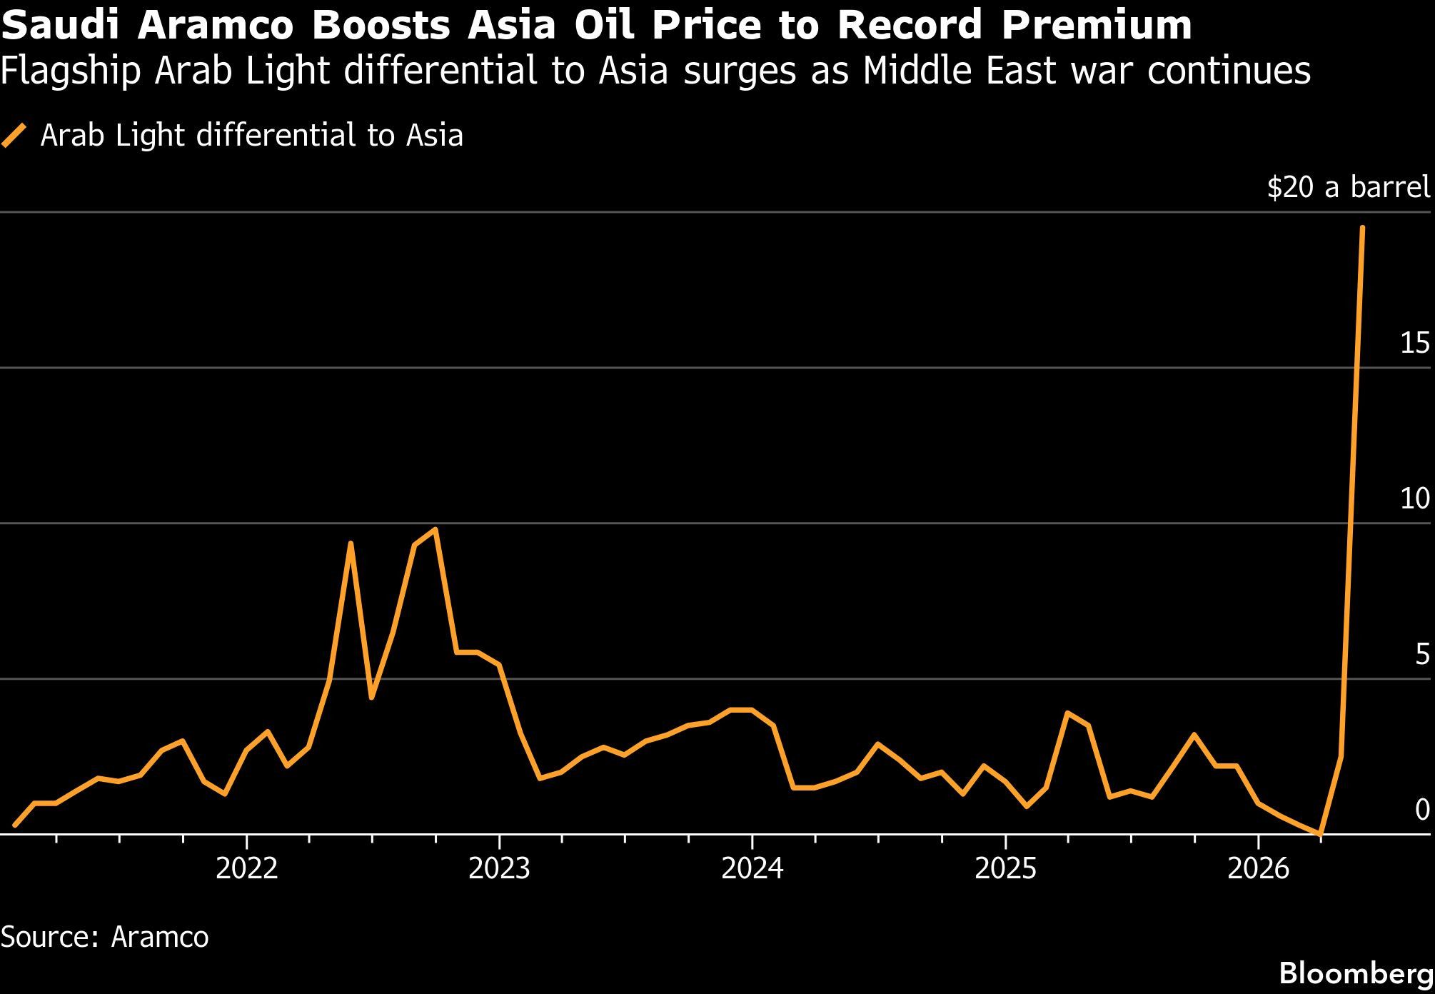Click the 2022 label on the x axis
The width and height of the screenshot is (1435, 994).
(246, 870)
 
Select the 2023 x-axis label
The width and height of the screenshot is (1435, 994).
(499, 870)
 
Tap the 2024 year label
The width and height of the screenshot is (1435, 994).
(752, 870)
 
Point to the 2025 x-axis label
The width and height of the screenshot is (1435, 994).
(1004, 870)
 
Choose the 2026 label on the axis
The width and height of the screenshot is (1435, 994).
(1258, 870)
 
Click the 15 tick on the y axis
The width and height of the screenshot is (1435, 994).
(1414, 344)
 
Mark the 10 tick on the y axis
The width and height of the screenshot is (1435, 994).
(1414, 499)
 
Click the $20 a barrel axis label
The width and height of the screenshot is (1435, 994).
(1348, 188)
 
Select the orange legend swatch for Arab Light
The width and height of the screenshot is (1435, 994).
(14, 135)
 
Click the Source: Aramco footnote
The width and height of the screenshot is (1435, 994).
(104, 937)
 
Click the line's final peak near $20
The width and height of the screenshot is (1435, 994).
(1362, 228)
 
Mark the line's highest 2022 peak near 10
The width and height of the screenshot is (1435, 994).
(435, 530)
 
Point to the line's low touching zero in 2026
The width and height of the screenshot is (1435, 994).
(1321, 833)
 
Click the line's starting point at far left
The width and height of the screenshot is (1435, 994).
(15, 825)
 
